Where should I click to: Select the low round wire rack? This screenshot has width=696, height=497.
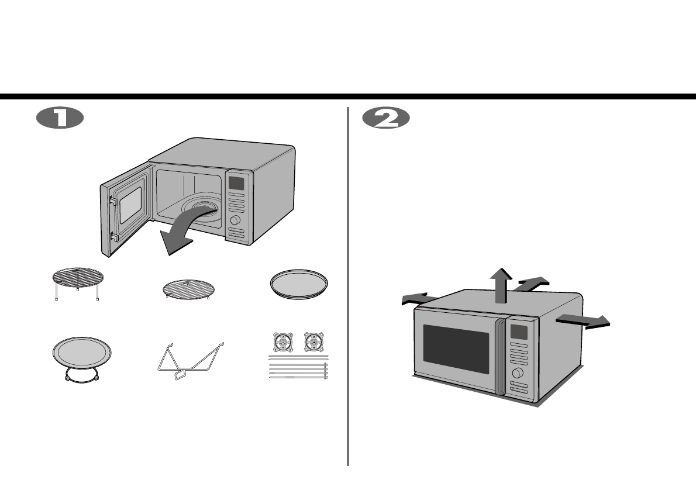[x=188, y=289]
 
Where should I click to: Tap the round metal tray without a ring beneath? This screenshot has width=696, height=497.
[x=299, y=285]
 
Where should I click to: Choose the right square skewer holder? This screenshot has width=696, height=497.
[x=316, y=341]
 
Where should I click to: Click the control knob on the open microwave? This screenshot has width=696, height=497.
[x=236, y=220]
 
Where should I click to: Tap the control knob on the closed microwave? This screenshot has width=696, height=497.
[x=517, y=373]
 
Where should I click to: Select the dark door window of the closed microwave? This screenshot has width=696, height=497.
[x=456, y=349]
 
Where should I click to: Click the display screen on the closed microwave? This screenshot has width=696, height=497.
[x=519, y=332]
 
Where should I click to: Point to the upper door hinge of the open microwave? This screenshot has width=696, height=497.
[x=112, y=200]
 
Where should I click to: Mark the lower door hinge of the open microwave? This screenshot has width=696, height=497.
[x=113, y=237]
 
